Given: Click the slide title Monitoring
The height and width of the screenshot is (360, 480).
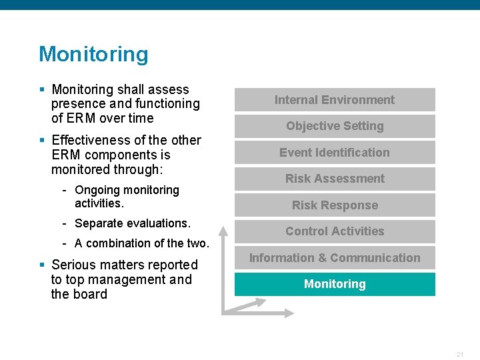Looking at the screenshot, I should click(93, 54).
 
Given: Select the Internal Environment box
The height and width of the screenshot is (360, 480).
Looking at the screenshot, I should click(335, 100).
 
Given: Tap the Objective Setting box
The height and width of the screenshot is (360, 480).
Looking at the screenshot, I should click(335, 126).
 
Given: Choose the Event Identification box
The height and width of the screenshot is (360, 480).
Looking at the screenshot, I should click(335, 153).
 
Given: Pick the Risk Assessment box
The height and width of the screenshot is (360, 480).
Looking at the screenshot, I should click(335, 179).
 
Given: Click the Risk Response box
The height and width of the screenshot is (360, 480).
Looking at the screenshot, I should click(335, 205).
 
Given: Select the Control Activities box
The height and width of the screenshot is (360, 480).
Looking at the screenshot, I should click(335, 231).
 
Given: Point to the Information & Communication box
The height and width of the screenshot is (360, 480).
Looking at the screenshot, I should click(335, 258).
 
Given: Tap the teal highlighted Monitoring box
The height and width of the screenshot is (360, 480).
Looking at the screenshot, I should click(335, 284).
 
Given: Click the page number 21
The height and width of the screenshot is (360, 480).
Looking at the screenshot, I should click(460, 354).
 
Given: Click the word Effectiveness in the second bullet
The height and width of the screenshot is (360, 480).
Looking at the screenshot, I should click(91, 140).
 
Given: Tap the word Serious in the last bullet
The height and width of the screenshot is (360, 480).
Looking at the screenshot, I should click(73, 265).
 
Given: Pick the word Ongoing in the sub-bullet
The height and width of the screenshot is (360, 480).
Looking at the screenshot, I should click(97, 190).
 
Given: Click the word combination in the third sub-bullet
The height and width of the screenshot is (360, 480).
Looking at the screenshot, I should click(118, 243).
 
